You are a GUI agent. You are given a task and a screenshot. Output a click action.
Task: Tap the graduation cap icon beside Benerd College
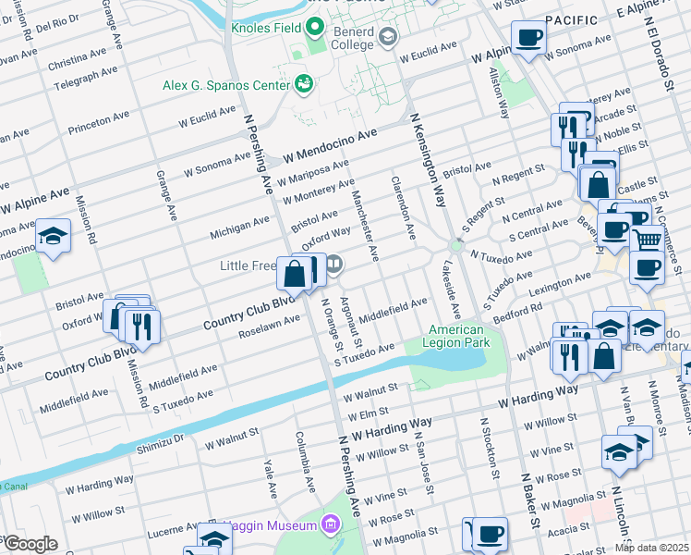coord(388,38)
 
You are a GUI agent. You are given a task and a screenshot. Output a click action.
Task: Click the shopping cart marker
coord(649,239)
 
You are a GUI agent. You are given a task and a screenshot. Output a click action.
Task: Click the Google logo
coord(30,544)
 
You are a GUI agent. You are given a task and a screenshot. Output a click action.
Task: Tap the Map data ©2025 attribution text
coord(652,548)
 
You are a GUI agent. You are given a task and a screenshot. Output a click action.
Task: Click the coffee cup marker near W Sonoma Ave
coord(529,38)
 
